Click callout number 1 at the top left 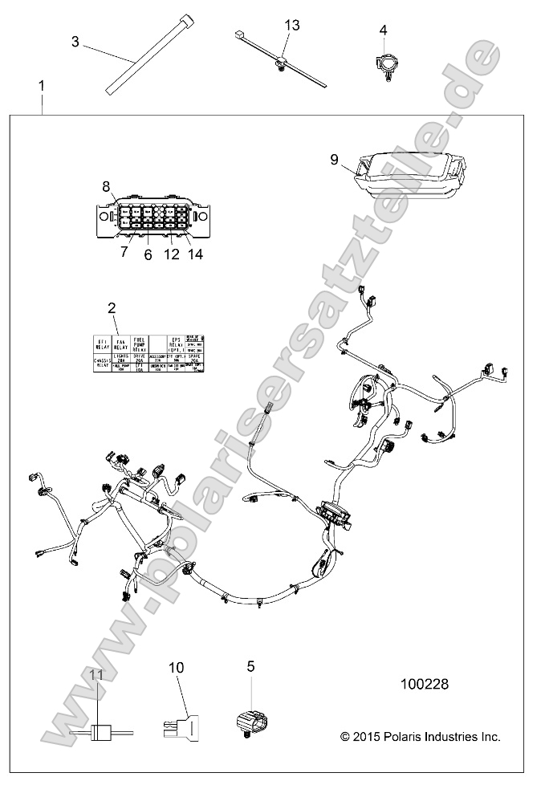pos(42,85)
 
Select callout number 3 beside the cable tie pos(75,42)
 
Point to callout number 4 pos(383,31)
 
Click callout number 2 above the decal pos(112,307)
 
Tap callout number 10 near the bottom pos(177,667)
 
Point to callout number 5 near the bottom pos(250,665)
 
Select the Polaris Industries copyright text pos(420,736)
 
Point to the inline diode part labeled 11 pos(100,732)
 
